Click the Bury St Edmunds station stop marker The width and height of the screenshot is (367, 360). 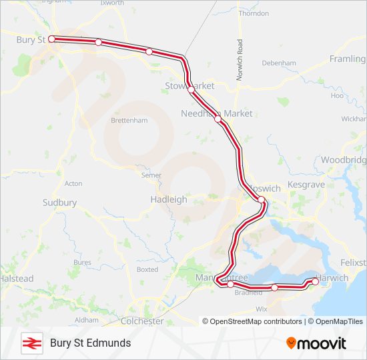[51, 39]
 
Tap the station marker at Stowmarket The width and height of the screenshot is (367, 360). [191, 89]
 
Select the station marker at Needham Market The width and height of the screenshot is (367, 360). [218, 119]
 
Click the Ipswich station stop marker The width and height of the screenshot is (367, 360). [262, 199]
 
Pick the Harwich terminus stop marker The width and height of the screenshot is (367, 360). [315, 281]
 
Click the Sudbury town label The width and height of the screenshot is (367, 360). [59, 203]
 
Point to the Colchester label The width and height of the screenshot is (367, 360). [142, 321]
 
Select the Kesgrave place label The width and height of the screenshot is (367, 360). [305, 183]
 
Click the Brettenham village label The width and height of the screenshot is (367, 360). [129, 120]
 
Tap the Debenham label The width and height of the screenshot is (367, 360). [279, 63]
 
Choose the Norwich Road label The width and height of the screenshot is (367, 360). [239, 60]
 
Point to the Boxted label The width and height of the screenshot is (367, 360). [147, 269]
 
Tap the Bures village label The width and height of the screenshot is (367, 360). [82, 263]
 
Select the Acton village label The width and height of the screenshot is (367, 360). [73, 183]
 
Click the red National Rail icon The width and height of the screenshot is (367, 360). [31, 343]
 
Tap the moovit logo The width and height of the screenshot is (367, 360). [316, 343]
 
